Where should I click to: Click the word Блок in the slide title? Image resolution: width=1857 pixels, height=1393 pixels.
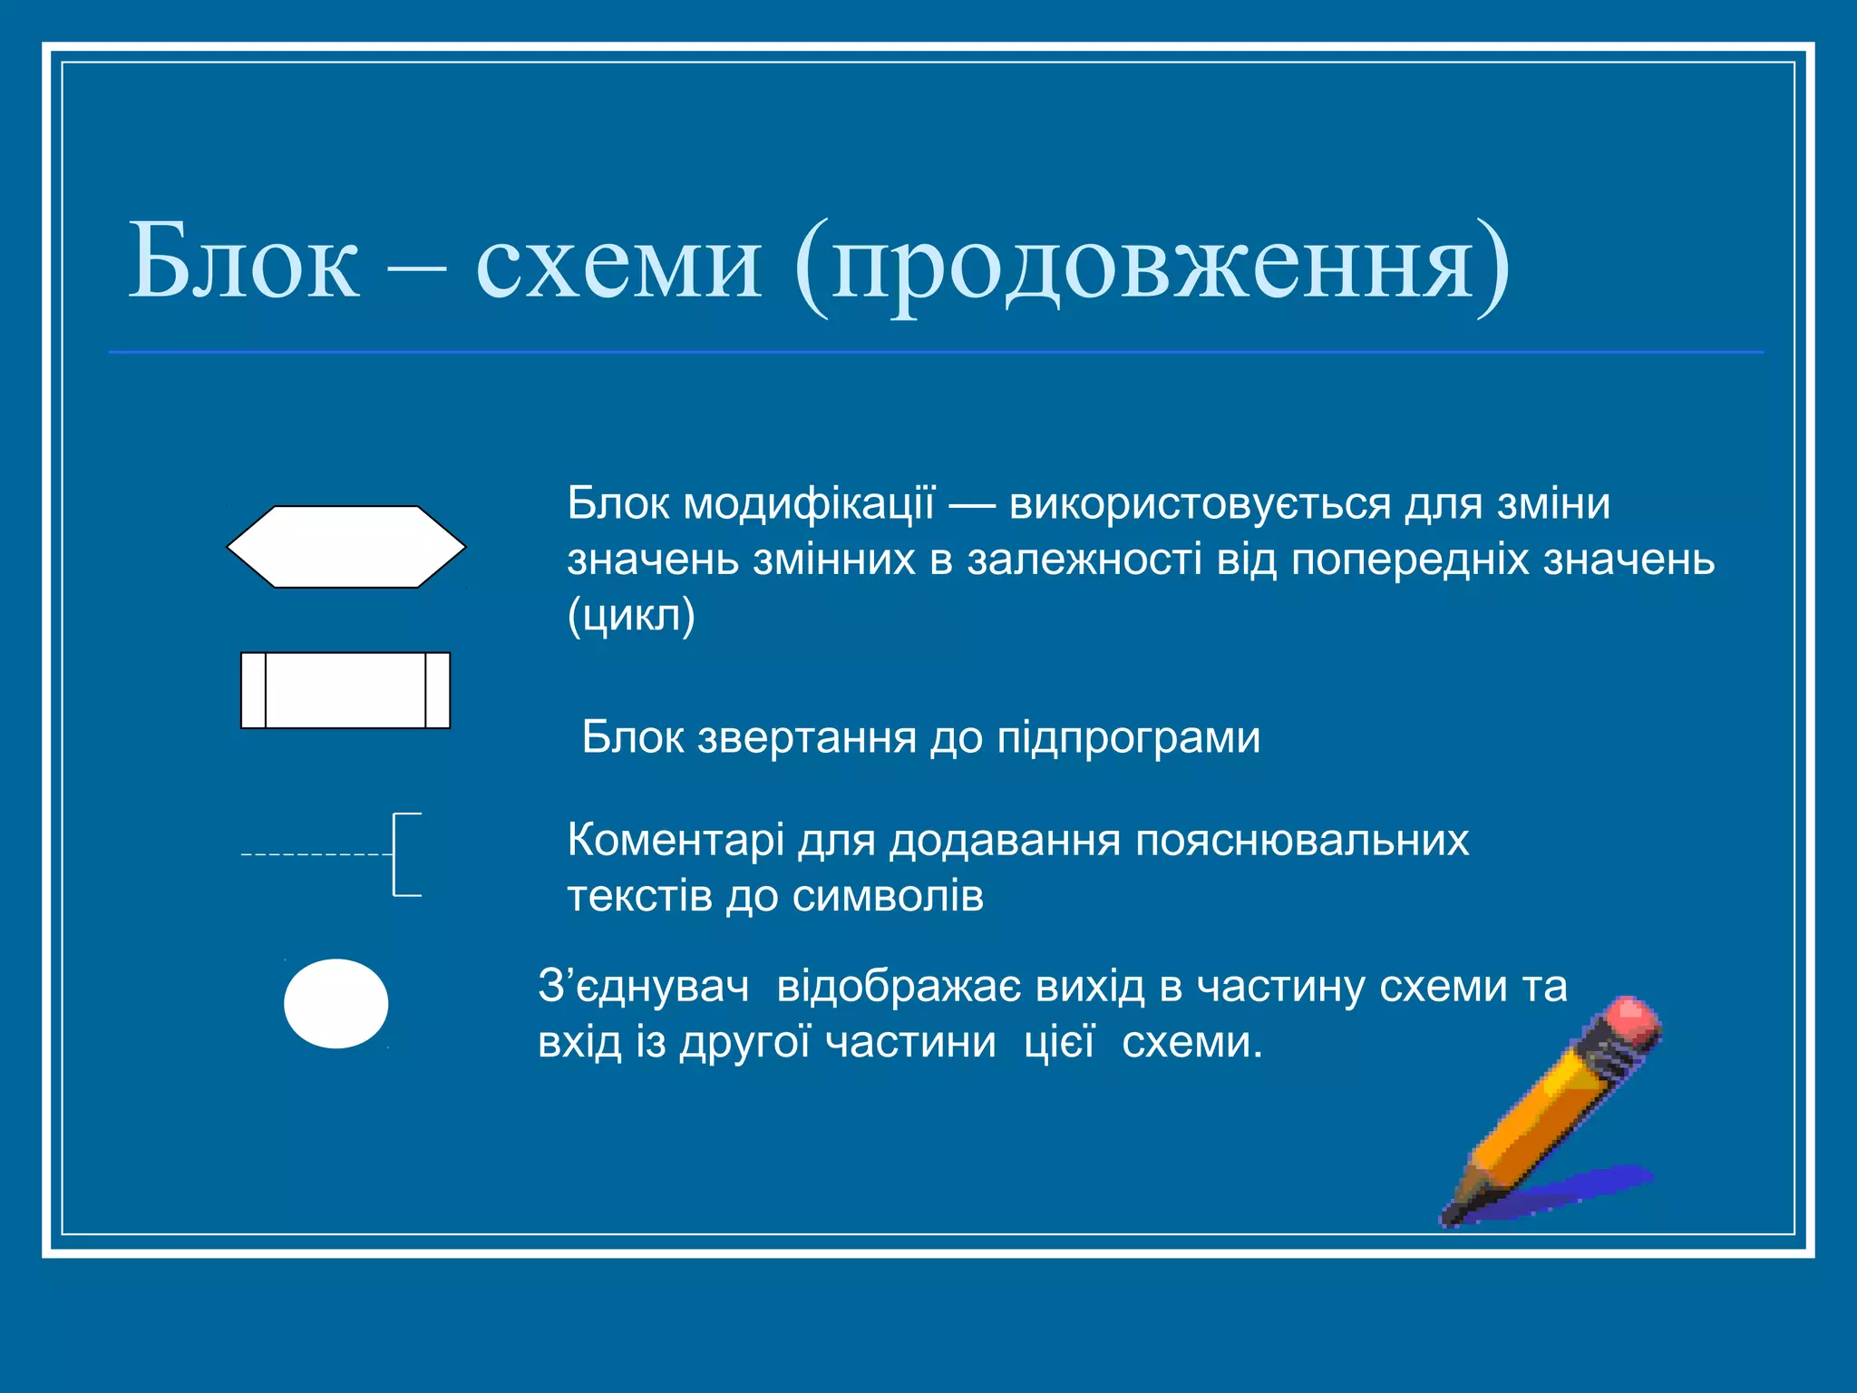click(244, 263)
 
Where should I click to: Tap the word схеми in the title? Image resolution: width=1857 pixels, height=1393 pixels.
click(617, 263)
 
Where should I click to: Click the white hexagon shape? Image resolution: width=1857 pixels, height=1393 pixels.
click(345, 547)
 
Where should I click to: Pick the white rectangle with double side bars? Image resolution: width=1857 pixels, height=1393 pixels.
click(345, 690)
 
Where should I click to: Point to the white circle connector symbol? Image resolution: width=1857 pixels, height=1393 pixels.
click(336, 1004)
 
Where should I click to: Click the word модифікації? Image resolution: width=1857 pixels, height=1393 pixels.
click(808, 504)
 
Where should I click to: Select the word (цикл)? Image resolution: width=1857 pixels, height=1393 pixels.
click(631, 617)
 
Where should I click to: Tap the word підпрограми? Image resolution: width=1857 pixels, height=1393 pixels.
click(1129, 737)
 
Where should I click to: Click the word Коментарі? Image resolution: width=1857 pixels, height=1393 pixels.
click(676, 841)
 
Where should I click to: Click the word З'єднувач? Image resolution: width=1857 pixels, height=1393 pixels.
click(644, 987)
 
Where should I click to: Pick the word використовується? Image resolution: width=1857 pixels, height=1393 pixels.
click(1200, 504)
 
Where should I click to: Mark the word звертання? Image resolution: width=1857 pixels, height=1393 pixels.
click(807, 737)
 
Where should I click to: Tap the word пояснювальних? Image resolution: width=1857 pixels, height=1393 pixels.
click(1302, 841)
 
